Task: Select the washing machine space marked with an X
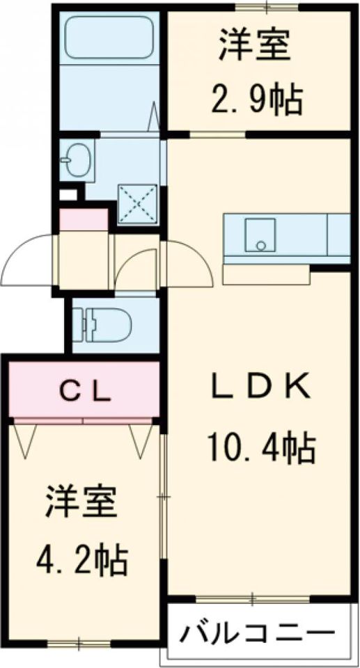(137, 204)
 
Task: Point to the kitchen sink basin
(260, 234)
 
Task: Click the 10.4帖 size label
(261, 447)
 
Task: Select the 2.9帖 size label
(257, 99)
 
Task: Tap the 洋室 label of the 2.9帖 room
(256, 46)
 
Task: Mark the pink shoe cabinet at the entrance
(84, 220)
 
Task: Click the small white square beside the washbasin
(68, 194)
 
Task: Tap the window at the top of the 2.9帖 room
(267, 7)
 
